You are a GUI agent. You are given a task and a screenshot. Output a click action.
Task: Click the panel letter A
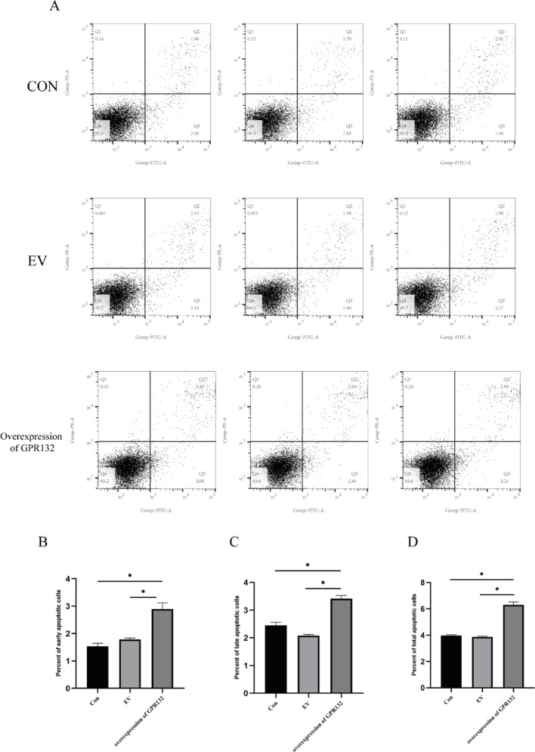pos(54,7)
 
